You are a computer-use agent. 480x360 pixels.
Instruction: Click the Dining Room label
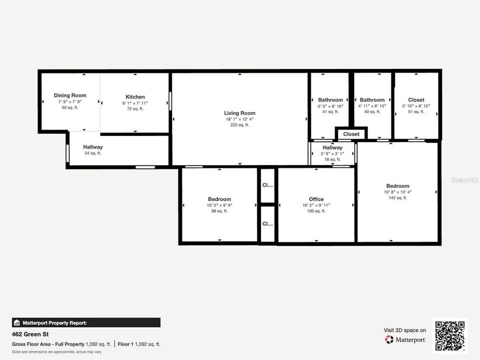point(70,95)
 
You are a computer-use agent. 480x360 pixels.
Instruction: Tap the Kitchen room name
point(135,97)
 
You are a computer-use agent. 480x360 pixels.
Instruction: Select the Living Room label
point(240,113)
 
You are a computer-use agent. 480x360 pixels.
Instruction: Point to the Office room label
point(316,199)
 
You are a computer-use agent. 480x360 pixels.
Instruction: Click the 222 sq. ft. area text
point(240,125)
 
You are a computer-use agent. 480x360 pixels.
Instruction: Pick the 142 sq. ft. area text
point(397,198)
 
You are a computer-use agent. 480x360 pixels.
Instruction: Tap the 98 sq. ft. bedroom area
point(219,211)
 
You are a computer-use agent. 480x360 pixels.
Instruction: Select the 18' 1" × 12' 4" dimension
point(240,119)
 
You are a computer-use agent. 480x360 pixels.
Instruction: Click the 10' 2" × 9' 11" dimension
point(316,205)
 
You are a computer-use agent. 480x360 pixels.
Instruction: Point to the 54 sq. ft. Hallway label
point(93,147)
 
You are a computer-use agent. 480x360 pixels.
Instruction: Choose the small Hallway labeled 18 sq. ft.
point(332,147)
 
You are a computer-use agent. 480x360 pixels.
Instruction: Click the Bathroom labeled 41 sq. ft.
point(330,100)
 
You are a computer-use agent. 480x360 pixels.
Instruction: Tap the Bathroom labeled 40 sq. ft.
point(372,100)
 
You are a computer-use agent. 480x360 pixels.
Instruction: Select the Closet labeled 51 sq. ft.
point(416,100)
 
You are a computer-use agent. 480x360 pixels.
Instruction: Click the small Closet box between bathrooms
point(351,134)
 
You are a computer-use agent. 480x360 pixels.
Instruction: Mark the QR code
point(450,336)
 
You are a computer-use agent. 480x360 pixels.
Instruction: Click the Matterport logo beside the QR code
point(405,339)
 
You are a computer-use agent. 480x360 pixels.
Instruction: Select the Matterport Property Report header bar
point(86,323)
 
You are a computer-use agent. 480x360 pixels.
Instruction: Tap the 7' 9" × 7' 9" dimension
point(70,101)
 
